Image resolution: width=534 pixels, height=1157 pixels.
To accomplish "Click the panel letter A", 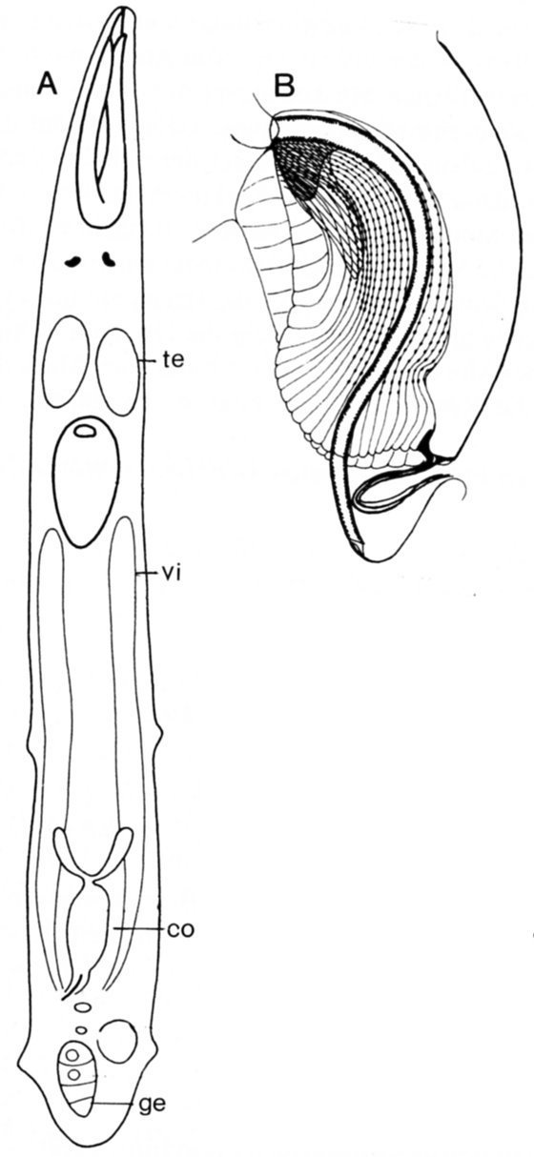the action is pos(47,84).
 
